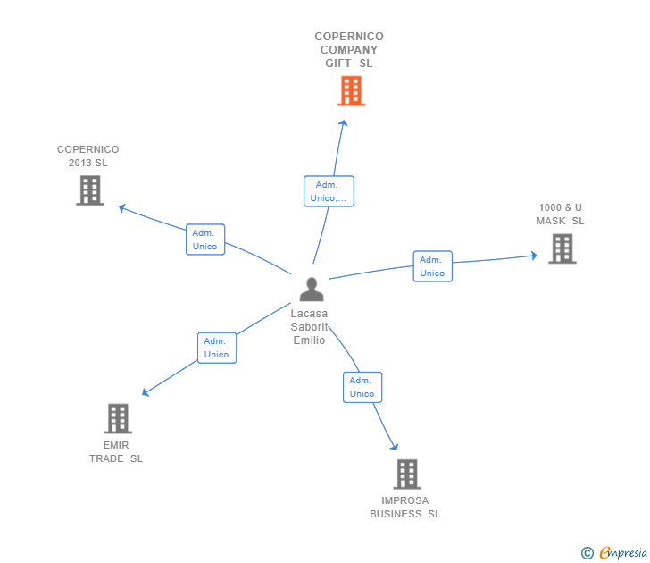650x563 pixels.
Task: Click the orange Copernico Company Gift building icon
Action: tap(351, 90)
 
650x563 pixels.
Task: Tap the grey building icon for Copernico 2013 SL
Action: tap(90, 189)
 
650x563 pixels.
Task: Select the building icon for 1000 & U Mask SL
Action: tap(562, 248)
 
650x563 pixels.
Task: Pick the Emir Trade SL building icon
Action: tap(118, 418)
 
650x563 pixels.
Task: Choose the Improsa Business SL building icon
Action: tap(407, 474)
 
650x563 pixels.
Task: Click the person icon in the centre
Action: tap(312, 290)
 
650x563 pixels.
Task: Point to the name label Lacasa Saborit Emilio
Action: tap(310, 327)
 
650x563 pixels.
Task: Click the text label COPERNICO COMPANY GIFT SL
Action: tap(349, 50)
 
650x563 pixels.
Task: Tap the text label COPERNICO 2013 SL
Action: tap(87, 156)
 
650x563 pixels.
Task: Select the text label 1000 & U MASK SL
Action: tap(561, 214)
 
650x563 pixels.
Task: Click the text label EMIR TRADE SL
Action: tap(116, 452)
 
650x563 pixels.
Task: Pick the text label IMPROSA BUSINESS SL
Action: tap(405, 508)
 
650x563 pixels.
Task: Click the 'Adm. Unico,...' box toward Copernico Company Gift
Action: tap(329, 191)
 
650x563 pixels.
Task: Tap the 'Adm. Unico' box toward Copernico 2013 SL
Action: tap(205, 239)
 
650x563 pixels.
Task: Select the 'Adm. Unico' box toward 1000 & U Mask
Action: tap(432, 266)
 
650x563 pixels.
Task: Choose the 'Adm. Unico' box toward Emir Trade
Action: tap(217, 348)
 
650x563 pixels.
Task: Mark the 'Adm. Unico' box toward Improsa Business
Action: tap(362, 387)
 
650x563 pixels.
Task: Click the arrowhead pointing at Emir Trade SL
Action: tap(145, 392)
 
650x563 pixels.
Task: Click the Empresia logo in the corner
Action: tap(615, 553)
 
